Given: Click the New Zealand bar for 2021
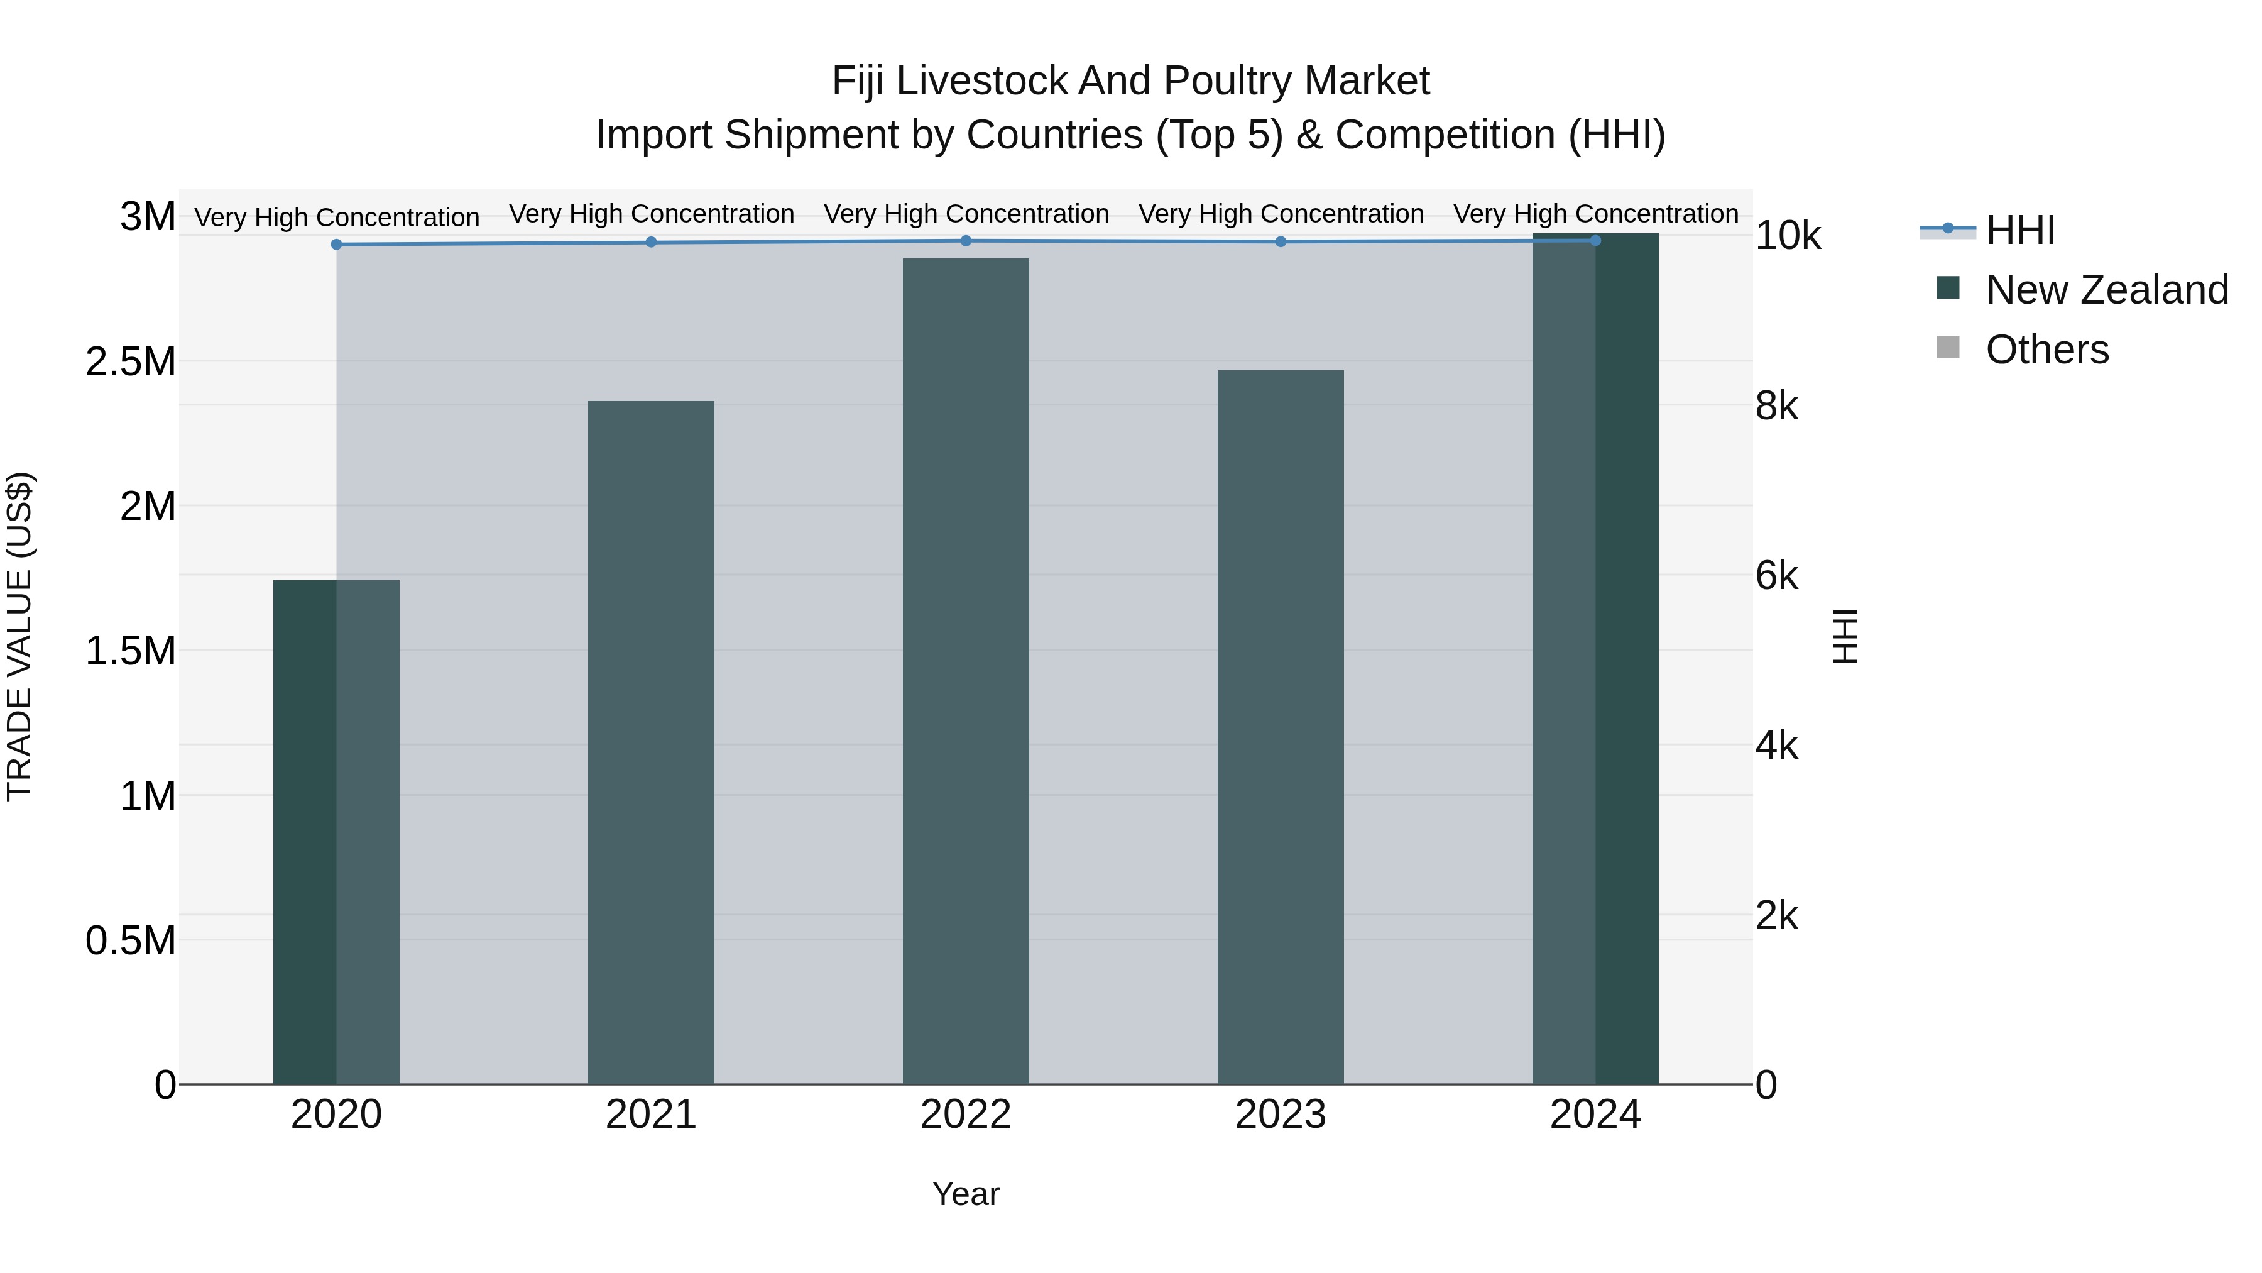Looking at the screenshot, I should point(651,742).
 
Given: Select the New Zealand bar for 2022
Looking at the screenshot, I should point(965,671).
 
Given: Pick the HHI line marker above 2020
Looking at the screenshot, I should point(336,245).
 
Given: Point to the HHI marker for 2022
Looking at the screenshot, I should point(966,241).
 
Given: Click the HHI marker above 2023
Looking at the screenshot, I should point(1281,241).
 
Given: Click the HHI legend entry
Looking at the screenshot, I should point(2019,230).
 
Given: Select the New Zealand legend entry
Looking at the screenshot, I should point(2106,290).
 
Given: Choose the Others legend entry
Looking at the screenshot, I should point(2046,350).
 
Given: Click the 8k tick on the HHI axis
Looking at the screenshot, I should point(1776,406).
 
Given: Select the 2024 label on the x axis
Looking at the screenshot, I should point(1595,1115).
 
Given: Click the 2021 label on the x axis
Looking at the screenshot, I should point(651,1115).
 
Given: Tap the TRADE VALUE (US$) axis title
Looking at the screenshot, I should point(19,636).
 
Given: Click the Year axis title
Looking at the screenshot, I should point(965,1194).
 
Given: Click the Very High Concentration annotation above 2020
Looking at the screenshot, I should point(336,217).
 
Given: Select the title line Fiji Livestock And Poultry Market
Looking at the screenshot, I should point(1130,81).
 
